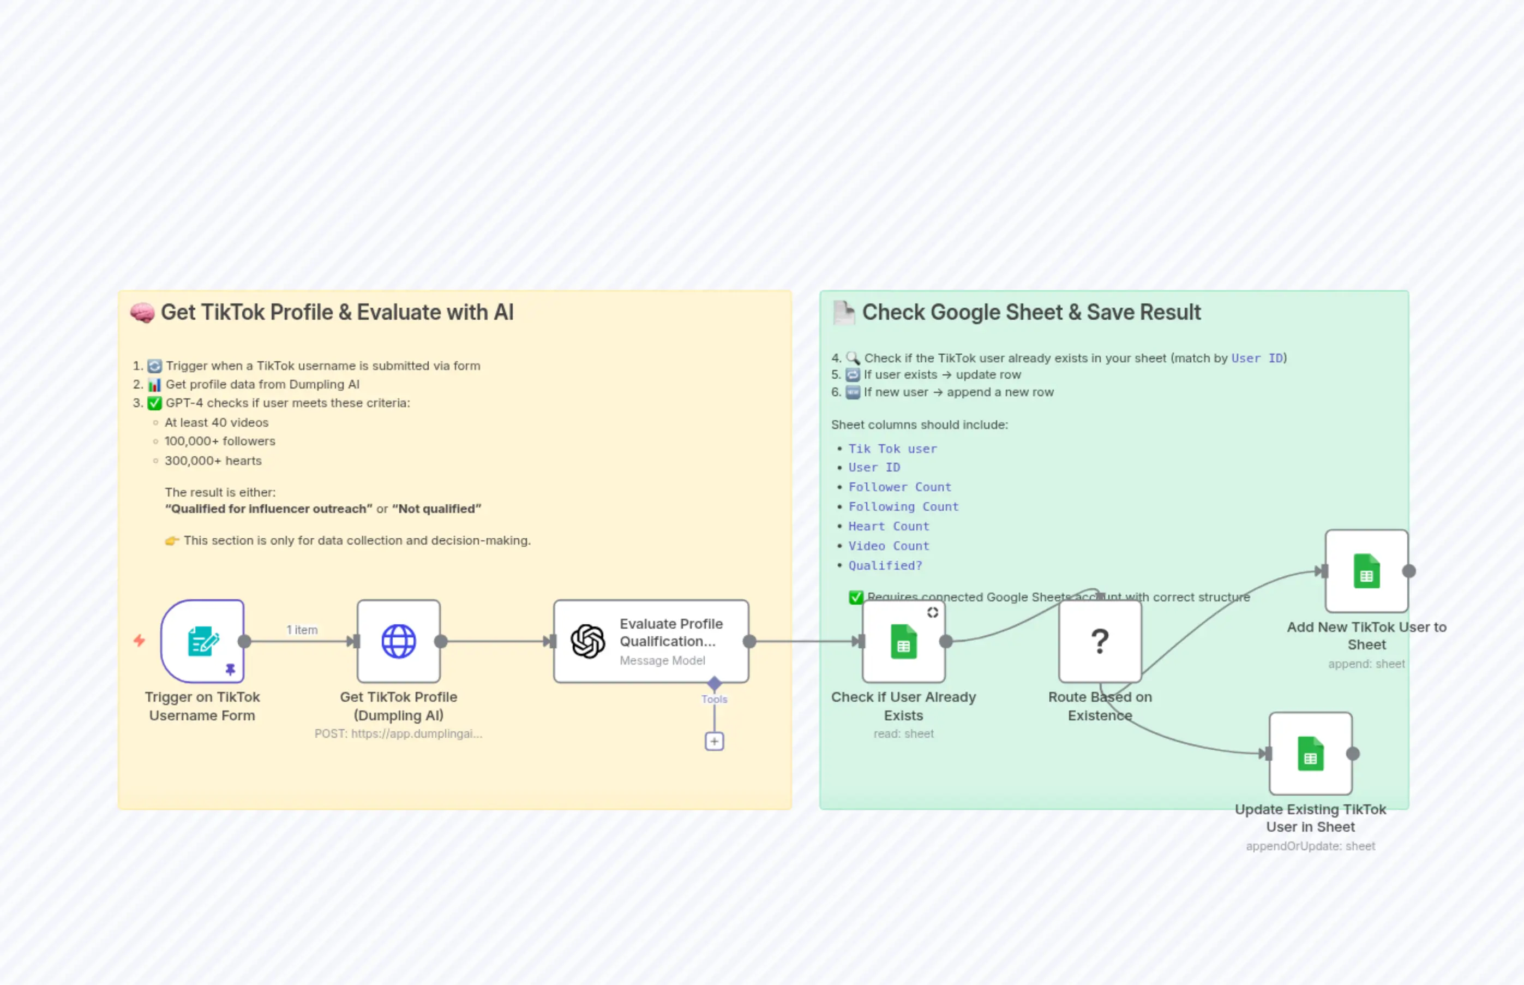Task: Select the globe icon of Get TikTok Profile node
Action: pyautogui.click(x=398, y=641)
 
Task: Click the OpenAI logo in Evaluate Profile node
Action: pyautogui.click(x=587, y=641)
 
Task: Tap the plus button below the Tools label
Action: pyautogui.click(x=714, y=741)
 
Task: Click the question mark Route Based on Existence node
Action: pyautogui.click(x=1100, y=641)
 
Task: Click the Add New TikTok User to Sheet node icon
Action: pyautogui.click(x=1366, y=571)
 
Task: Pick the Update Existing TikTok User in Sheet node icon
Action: pyautogui.click(x=1310, y=754)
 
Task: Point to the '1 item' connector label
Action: pyautogui.click(x=302, y=630)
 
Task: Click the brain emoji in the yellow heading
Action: pyautogui.click(x=142, y=313)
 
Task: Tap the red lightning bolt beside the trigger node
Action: pyautogui.click(x=139, y=640)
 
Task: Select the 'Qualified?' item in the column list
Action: pyautogui.click(x=885, y=565)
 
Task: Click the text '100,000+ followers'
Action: pyautogui.click(x=220, y=441)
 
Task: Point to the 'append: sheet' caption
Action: pyautogui.click(x=1366, y=664)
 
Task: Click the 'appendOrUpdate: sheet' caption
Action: pyautogui.click(x=1310, y=846)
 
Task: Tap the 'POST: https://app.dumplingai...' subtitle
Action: pyautogui.click(x=398, y=733)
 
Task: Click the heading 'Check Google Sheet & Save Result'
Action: pyautogui.click(x=1030, y=312)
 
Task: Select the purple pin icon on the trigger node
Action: pyautogui.click(x=231, y=669)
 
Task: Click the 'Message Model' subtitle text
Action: pyautogui.click(x=662, y=660)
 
